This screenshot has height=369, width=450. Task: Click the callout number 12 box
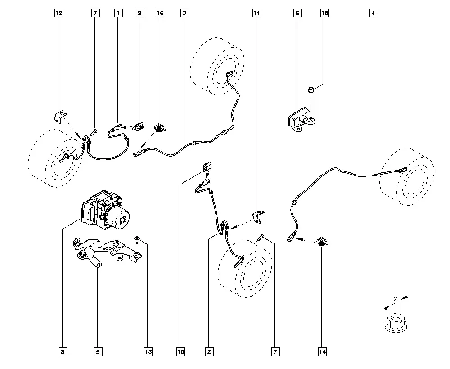(58, 13)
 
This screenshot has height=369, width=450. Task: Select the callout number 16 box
(160, 13)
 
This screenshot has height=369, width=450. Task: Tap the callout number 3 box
(184, 13)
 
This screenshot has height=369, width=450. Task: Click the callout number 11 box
(256, 13)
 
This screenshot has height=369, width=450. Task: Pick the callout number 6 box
(297, 13)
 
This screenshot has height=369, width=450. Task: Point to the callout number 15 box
(324, 13)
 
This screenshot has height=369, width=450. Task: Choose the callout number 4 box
(373, 13)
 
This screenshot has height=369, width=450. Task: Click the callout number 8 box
(63, 352)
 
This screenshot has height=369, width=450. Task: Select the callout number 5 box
(98, 352)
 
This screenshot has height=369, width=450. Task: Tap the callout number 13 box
(148, 352)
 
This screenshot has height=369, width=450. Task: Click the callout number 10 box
(180, 352)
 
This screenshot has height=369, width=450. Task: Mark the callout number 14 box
(322, 352)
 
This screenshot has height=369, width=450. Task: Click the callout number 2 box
(209, 352)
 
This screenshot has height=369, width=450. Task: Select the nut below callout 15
(310, 90)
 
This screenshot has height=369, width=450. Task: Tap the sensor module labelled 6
(300, 120)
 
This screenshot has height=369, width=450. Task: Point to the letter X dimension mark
(395, 299)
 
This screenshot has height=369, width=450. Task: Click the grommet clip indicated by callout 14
(322, 242)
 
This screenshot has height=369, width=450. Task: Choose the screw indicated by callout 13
(137, 239)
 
